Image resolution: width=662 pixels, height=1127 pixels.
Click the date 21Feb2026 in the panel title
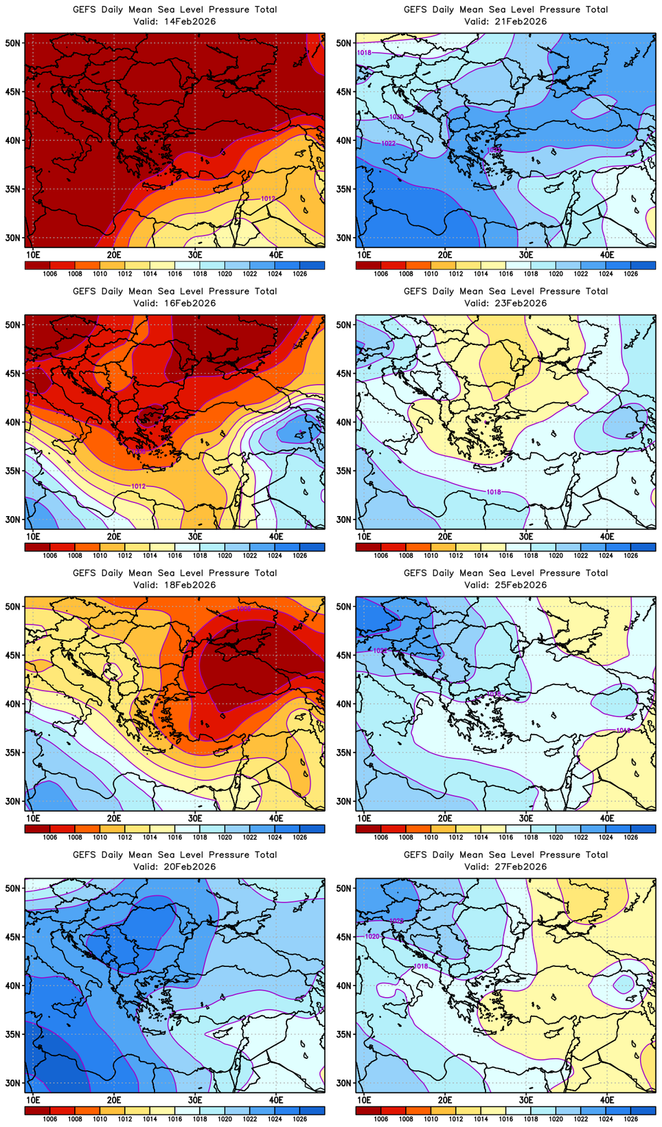[519, 21]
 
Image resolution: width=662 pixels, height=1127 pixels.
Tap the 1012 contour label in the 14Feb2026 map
[268, 199]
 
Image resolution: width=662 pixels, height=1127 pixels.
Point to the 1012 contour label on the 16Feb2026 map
[138, 486]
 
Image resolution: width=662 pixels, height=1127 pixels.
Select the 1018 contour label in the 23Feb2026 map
[493, 492]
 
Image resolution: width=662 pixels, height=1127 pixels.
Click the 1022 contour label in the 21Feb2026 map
[388, 143]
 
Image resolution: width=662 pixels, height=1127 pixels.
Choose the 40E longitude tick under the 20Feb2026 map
[276, 1100]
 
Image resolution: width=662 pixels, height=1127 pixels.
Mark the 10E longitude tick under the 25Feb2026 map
[364, 818]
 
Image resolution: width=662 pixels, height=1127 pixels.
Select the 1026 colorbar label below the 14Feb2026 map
[299, 274]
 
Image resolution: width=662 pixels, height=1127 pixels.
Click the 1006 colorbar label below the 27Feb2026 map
[381, 1119]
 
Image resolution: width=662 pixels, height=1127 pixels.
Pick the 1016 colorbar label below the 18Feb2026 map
[174, 837]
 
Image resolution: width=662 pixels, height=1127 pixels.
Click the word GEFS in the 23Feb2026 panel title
[416, 291]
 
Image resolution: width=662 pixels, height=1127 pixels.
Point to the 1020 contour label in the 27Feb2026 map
[372, 937]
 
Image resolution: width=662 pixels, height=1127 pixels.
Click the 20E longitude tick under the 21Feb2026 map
[445, 255]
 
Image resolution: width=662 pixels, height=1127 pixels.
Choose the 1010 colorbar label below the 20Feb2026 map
[100, 1119]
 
